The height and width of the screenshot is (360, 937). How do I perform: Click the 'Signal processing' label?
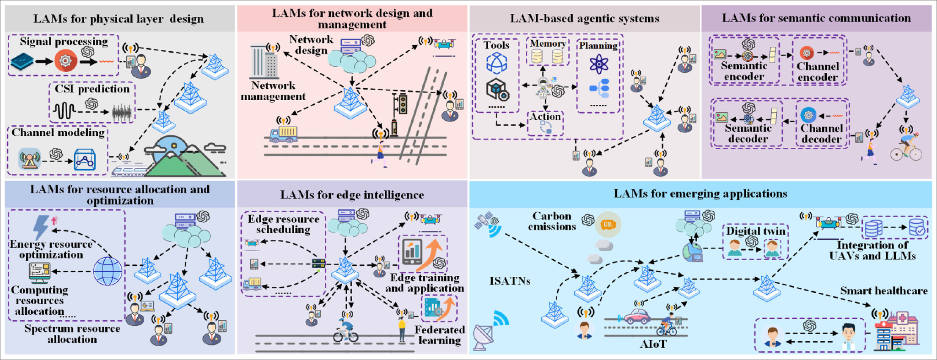pyautogui.click(x=64, y=42)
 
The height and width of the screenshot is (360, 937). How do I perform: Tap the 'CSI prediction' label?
pyautogui.click(x=92, y=89)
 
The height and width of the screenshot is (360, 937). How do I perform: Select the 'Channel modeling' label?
pyautogui.click(x=58, y=133)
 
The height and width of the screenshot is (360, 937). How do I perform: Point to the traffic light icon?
pyautogui.click(x=401, y=104)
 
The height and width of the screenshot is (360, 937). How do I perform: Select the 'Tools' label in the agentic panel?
pyautogui.click(x=496, y=45)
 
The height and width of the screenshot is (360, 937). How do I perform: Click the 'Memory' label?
pyautogui.click(x=548, y=43)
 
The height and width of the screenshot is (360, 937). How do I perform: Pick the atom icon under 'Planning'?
pyautogui.click(x=598, y=64)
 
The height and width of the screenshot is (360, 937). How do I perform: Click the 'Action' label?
pyautogui.click(x=545, y=117)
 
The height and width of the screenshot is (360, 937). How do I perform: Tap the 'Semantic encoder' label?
pyautogui.click(x=744, y=71)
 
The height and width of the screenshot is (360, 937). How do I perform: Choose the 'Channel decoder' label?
pyautogui.click(x=822, y=134)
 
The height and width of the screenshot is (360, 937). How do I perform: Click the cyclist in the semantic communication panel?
pyautogui.click(x=906, y=146)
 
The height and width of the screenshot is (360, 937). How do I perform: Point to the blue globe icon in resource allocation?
pyautogui.click(x=108, y=271)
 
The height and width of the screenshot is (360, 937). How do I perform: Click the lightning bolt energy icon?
pyautogui.click(x=41, y=227)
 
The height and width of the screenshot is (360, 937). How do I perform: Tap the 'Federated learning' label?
pyautogui.click(x=439, y=335)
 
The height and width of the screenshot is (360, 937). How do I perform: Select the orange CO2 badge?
pyautogui.click(x=608, y=224)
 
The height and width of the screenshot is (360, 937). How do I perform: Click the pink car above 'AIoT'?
pyautogui.click(x=637, y=316)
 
